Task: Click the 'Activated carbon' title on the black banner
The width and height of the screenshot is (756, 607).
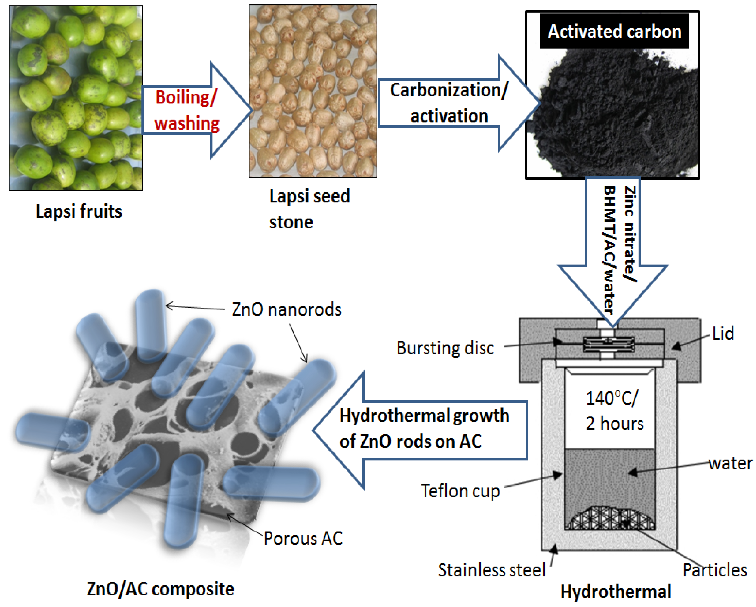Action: [614, 32]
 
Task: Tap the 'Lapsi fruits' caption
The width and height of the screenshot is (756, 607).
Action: [79, 211]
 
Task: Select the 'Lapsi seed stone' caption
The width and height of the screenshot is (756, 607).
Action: [309, 209]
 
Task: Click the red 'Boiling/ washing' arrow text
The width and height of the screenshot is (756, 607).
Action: [187, 110]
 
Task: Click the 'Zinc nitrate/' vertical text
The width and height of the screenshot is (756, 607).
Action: [630, 234]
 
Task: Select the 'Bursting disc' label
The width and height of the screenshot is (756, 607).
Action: [445, 348]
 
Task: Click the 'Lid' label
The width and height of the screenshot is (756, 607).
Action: [723, 334]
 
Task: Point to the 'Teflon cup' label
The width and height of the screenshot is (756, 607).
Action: [460, 491]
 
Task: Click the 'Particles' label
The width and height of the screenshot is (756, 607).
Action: [715, 570]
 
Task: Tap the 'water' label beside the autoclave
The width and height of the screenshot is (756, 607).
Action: [730, 463]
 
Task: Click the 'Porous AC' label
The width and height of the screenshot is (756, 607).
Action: [303, 539]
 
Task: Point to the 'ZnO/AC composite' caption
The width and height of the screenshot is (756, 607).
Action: [160, 589]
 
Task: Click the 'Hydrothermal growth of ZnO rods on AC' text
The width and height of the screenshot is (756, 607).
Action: [424, 428]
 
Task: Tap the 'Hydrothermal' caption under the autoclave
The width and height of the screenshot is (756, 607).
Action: [616, 591]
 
